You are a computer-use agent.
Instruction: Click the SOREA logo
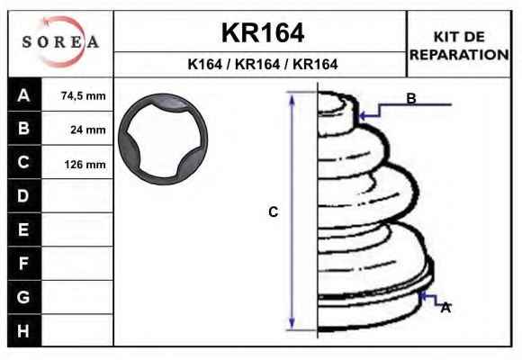(x=60, y=41)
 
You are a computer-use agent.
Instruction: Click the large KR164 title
(x=263, y=32)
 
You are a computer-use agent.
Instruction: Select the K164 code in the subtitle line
(x=204, y=64)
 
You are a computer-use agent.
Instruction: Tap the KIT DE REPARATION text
(x=459, y=46)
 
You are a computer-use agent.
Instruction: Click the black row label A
(x=24, y=95)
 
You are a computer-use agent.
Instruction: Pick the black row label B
(x=24, y=128)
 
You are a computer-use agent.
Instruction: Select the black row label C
(x=24, y=162)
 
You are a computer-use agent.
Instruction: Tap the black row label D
(x=24, y=196)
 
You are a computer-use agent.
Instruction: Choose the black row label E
(x=24, y=229)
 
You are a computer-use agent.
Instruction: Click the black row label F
(x=24, y=264)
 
